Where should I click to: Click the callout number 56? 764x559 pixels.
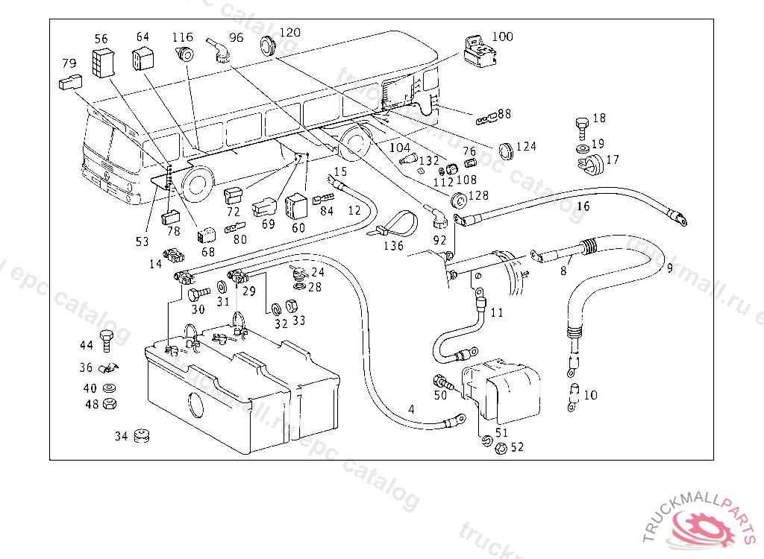tap(101, 39)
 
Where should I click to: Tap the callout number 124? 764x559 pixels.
tap(526, 147)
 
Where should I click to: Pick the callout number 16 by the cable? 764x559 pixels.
tap(583, 206)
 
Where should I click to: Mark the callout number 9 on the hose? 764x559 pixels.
tap(669, 268)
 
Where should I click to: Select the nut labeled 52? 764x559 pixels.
tap(501, 447)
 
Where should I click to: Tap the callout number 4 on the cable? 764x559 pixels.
tap(410, 409)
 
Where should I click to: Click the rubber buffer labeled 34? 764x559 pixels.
tap(142, 435)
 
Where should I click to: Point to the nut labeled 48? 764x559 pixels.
tap(108, 404)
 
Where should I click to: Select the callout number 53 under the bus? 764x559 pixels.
tap(142, 241)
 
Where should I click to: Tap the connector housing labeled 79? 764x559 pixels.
tap(69, 82)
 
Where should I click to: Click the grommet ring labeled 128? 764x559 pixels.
tap(457, 200)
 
